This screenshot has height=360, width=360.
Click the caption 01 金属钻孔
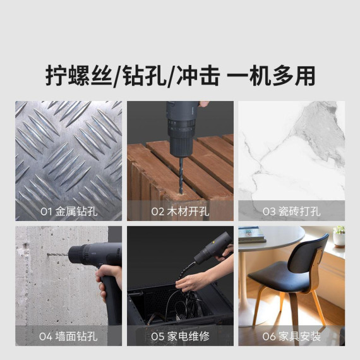pyautogui.click(x=69, y=211)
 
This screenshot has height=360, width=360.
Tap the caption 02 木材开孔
pyautogui.click(x=180, y=211)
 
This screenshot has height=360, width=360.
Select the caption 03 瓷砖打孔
pyautogui.click(x=292, y=211)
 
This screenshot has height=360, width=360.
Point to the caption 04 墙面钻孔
pyautogui.click(x=68, y=337)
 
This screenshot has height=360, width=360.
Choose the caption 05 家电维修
pyautogui.click(x=180, y=337)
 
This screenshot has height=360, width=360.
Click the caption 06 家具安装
pyautogui.click(x=292, y=337)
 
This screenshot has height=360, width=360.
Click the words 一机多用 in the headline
pyautogui.click(x=271, y=76)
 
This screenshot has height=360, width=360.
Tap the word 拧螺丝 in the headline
pyautogui.click(x=79, y=76)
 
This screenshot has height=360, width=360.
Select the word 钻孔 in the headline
pyautogui.click(x=144, y=76)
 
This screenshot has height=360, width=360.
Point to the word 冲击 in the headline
pyautogui.click(x=198, y=76)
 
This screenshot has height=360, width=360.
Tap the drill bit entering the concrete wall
pyautogui.click(x=58, y=255)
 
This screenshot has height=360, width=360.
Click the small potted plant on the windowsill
pyautogui.click(x=339, y=236)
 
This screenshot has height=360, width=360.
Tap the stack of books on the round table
pyautogui.click(x=251, y=235)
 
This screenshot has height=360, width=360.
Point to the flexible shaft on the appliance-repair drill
pyautogui.click(x=184, y=275)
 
